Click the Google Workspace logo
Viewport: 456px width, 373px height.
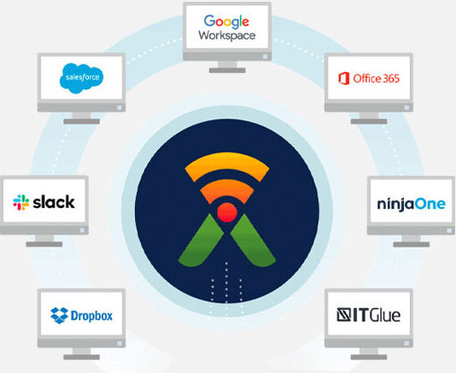[227, 28]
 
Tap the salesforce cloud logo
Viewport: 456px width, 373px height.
[82, 78]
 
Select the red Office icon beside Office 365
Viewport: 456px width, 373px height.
[344, 78]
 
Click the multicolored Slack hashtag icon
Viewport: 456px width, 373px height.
[21, 203]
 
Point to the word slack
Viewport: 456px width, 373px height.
[54, 202]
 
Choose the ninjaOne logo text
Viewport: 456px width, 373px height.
[411, 205]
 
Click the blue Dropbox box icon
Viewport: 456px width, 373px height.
[59, 315]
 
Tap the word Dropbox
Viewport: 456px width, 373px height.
[92, 315]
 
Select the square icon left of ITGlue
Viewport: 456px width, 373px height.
[344, 315]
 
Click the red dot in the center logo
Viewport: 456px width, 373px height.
[227, 213]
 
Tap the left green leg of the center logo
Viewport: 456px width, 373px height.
[201, 241]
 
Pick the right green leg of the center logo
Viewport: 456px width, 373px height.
[254, 241]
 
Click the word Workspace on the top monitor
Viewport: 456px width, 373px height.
[227, 35]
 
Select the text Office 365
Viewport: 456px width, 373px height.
[376, 78]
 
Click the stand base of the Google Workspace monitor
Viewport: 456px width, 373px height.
[228, 70]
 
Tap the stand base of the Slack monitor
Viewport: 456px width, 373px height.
[44, 244]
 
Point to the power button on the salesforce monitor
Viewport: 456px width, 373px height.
[120, 107]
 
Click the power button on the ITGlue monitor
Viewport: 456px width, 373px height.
[407, 343]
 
